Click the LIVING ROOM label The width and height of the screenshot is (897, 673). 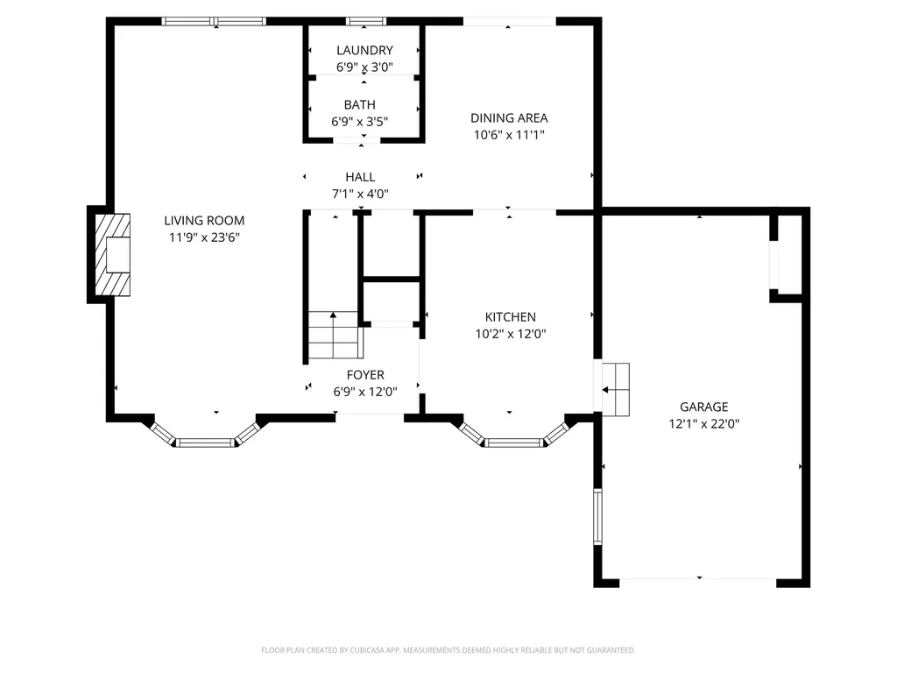[x=204, y=220]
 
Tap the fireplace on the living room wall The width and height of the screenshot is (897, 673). [x=112, y=254]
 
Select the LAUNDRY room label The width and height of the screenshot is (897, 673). [x=364, y=50]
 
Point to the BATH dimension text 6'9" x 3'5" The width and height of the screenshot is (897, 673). [x=360, y=121]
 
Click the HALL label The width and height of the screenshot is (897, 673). [x=360, y=177]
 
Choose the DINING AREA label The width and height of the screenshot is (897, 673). [x=509, y=118]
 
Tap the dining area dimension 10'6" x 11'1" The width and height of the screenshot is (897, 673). [x=509, y=135]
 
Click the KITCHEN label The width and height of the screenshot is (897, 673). [x=511, y=317]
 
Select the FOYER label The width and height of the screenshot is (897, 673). [x=365, y=375]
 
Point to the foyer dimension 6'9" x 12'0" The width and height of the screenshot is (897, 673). [x=365, y=392]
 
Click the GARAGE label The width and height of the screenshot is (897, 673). [x=703, y=407]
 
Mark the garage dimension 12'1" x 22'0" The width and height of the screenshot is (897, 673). [x=704, y=423]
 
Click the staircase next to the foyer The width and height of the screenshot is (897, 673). [x=333, y=335]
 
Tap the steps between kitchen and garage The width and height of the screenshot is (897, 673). [x=612, y=390]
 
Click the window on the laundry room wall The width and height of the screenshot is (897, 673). [x=365, y=22]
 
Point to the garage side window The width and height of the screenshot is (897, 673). [x=597, y=517]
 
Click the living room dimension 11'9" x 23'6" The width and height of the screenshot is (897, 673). [x=204, y=237]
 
